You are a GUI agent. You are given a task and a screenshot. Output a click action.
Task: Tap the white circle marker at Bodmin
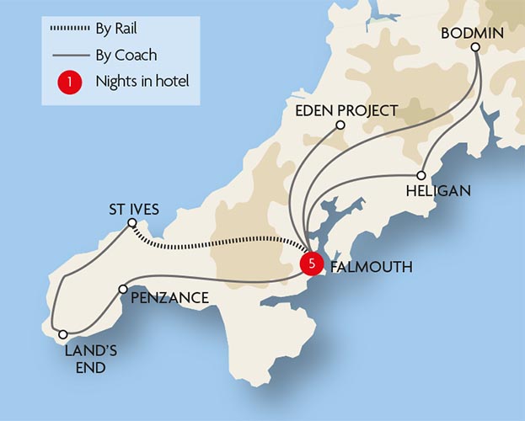475,48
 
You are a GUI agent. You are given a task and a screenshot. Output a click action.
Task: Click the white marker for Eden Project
340,125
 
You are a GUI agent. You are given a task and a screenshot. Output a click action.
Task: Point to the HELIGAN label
438,191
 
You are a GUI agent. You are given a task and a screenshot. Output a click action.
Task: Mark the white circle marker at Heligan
421,175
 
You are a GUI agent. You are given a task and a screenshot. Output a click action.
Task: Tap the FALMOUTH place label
371,268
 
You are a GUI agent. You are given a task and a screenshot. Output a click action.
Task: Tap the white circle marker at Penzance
124,289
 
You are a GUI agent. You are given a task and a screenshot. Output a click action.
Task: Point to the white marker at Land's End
62,334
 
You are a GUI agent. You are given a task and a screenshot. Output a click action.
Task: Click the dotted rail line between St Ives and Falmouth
219,244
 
